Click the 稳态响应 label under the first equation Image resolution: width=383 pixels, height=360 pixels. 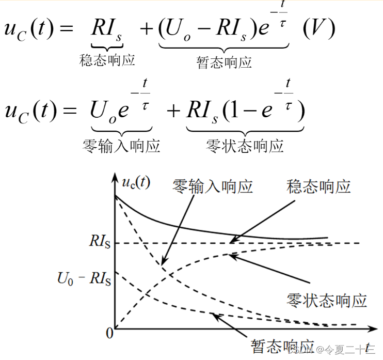click(x=107, y=60)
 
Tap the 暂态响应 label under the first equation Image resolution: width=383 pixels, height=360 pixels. click(x=224, y=62)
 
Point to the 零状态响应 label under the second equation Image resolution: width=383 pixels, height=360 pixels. click(x=245, y=146)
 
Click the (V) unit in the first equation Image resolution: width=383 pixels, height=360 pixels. click(x=318, y=29)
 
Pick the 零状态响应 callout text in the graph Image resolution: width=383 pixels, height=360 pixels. click(x=326, y=300)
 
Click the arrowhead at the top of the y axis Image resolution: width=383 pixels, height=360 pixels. click(x=115, y=180)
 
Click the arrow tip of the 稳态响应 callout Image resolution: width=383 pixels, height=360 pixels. click(x=231, y=242)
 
